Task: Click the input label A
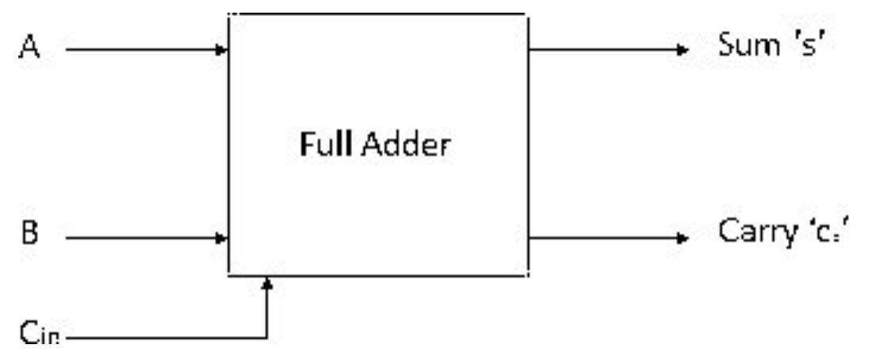[x=29, y=49]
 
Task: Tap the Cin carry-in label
[x=39, y=335]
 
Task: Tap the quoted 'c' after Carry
[x=821, y=233]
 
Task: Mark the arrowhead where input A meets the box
[x=223, y=50]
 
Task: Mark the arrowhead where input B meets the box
[x=223, y=237]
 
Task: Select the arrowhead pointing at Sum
[x=681, y=50]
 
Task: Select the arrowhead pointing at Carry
[x=681, y=237]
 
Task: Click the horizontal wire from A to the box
[x=143, y=50]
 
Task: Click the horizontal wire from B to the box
[x=143, y=237]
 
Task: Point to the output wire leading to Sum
[x=603, y=50]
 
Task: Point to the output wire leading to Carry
[x=603, y=237]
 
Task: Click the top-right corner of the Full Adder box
[x=527, y=14]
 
